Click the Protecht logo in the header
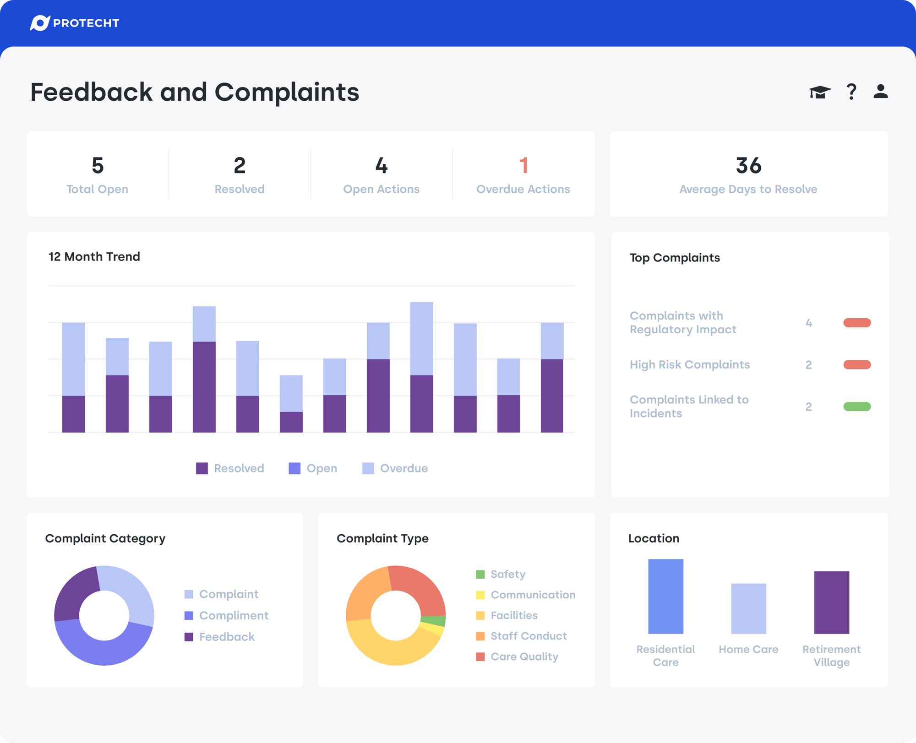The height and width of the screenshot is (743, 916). coord(74,23)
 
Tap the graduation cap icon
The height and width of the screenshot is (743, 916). coord(819,92)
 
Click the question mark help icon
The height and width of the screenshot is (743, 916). coord(851,92)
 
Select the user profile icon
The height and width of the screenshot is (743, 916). coord(880,91)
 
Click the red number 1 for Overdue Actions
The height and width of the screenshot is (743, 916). coord(523,166)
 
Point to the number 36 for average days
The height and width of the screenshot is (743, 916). coord(748,166)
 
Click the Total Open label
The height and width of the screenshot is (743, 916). coord(97,189)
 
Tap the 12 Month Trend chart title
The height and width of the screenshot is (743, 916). coord(94,256)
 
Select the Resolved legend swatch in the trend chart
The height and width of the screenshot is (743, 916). coord(202,468)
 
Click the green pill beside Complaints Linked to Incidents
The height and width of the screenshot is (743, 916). coord(857,407)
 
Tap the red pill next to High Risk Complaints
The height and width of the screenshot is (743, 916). coord(857,365)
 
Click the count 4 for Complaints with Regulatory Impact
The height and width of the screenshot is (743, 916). coord(809,323)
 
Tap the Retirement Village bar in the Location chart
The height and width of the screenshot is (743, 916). coord(831,602)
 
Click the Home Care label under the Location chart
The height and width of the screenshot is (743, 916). coord(748,649)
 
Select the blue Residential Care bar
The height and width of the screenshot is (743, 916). coord(665,597)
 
